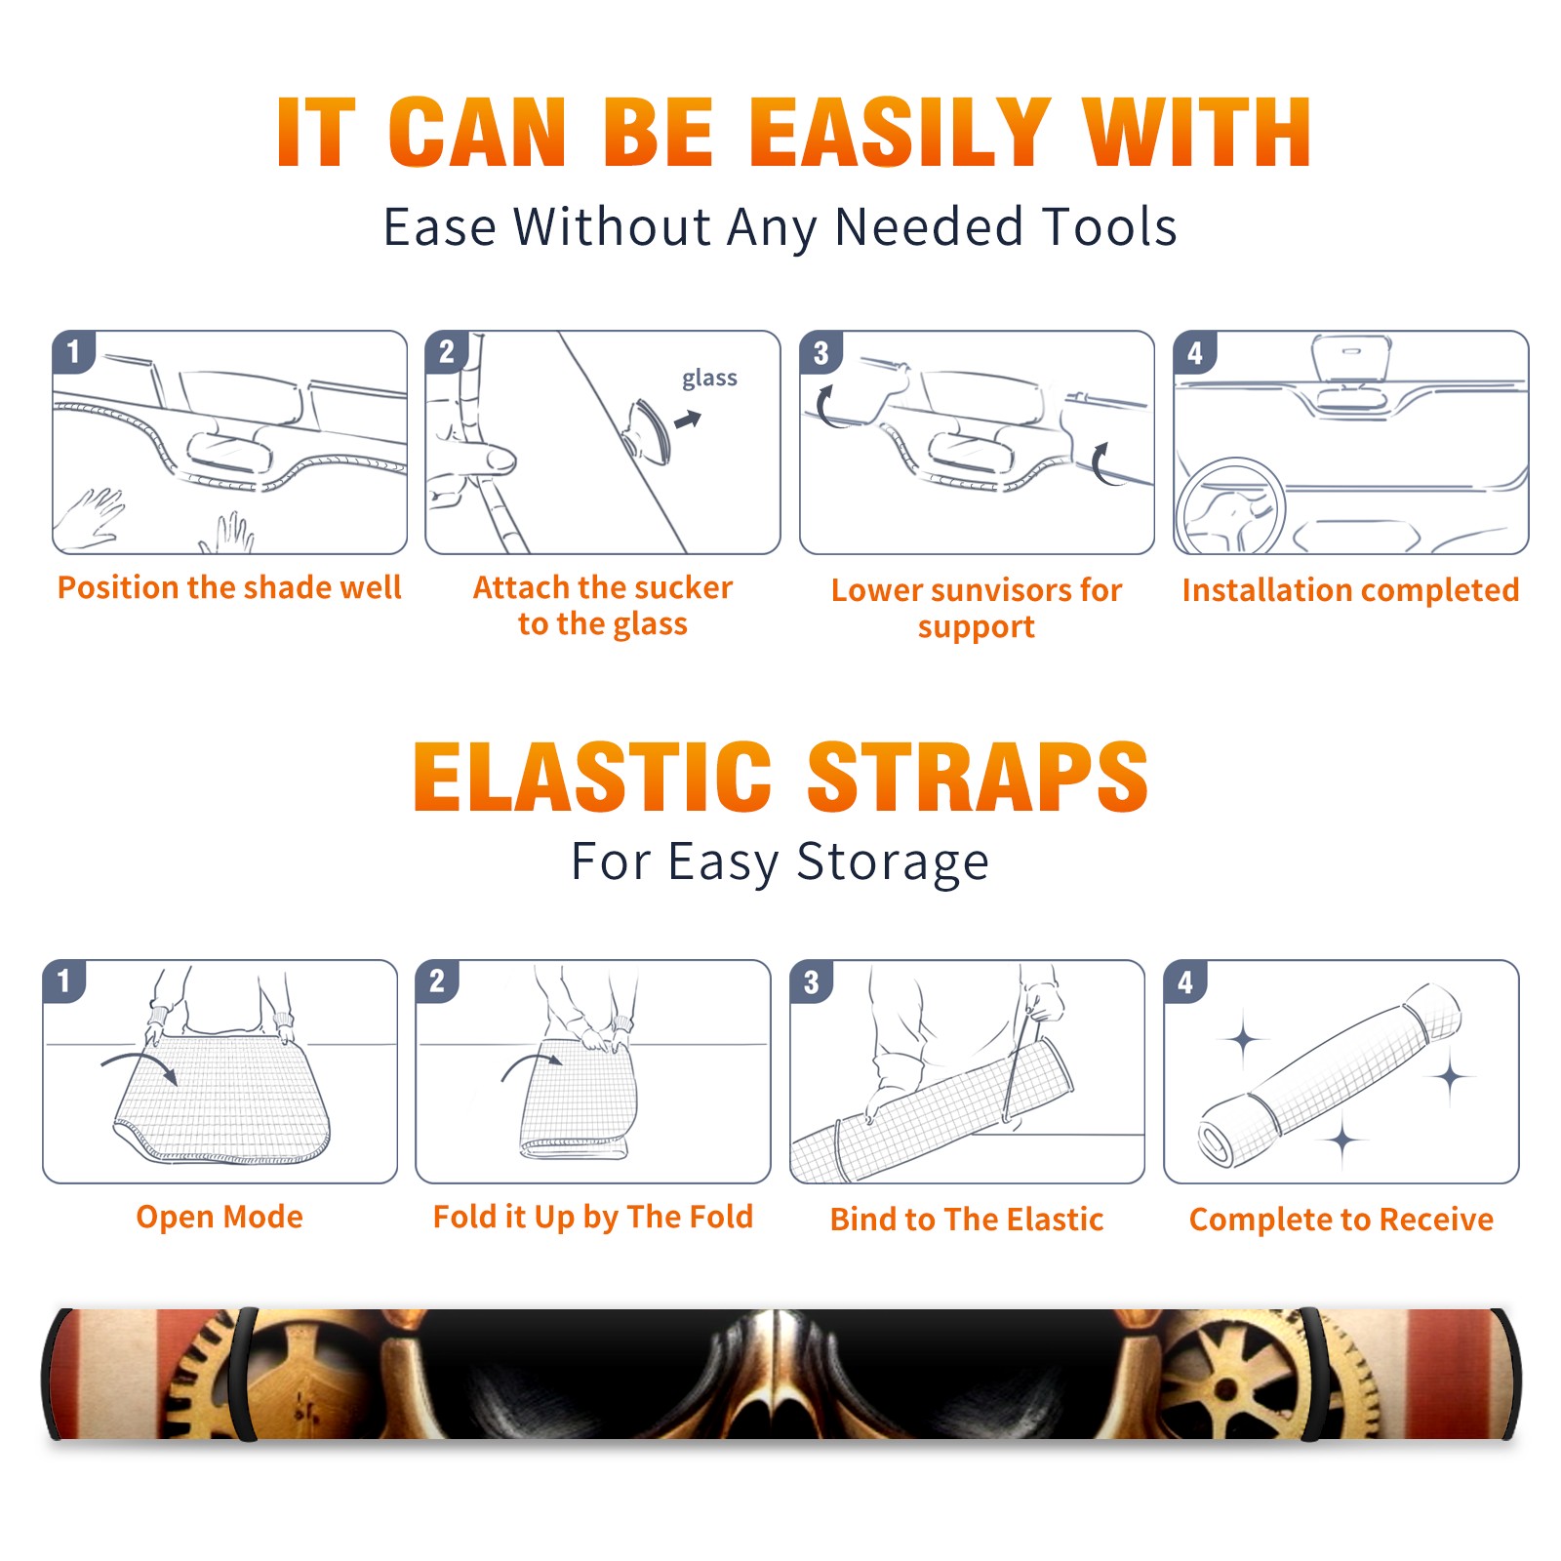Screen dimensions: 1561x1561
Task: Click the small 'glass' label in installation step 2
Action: click(709, 379)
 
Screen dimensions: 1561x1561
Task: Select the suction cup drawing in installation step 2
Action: click(649, 431)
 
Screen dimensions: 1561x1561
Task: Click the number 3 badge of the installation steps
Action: click(821, 352)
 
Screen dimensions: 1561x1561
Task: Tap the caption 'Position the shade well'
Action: click(229, 587)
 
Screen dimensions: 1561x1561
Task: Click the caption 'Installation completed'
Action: click(1350, 590)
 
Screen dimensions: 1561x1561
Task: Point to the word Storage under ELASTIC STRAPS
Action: click(893, 862)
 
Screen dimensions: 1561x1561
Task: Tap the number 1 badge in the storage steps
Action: click(64, 981)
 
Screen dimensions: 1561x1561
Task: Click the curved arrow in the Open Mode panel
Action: click(140, 1064)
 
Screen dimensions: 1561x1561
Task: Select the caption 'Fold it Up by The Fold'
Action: click(593, 1218)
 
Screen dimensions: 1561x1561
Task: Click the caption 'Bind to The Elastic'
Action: click(967, 1220)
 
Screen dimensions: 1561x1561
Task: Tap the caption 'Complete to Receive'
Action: click(1341, 1220)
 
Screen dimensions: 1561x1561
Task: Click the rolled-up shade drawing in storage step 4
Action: click(1330, 1075)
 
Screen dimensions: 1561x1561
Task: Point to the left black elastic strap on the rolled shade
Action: click(244, 1374)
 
